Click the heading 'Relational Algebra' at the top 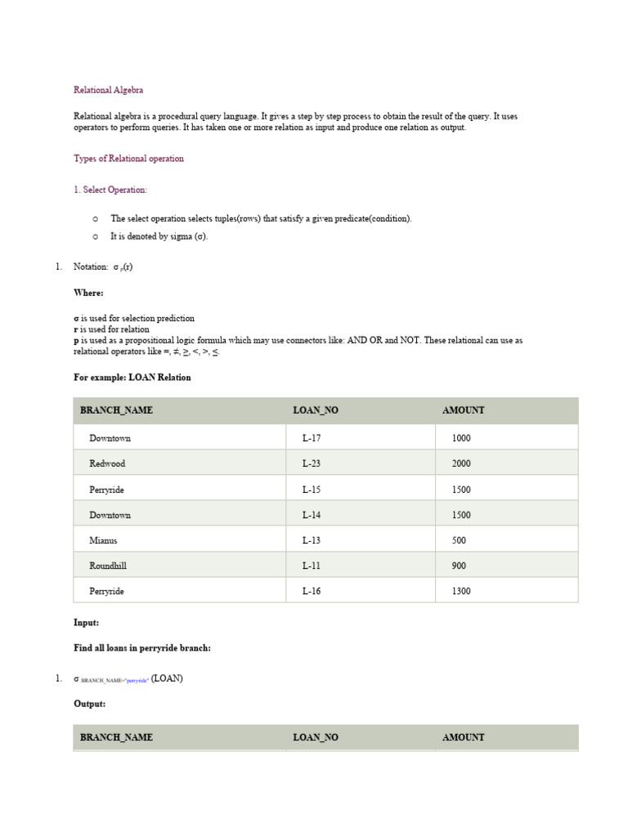point(108,90)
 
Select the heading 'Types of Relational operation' point(128,159)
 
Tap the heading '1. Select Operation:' point(110,190)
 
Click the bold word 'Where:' point(88,293)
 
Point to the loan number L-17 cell point(311,438)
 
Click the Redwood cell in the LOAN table point(107,463)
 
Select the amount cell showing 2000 point(461,463)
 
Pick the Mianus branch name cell point(103,540)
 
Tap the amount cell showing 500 point(459,540)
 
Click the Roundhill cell point(108,566)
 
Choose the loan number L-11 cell point(311,566)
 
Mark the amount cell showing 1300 point(461,591)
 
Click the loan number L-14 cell point(311,515)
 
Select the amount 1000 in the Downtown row point(461,438)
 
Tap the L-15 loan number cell point(311,490)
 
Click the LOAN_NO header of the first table point(315,410)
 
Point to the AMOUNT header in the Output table point(463,737)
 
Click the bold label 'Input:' point(86,622)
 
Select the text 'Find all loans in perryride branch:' point(142,648)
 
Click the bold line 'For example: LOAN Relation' point(132,378)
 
